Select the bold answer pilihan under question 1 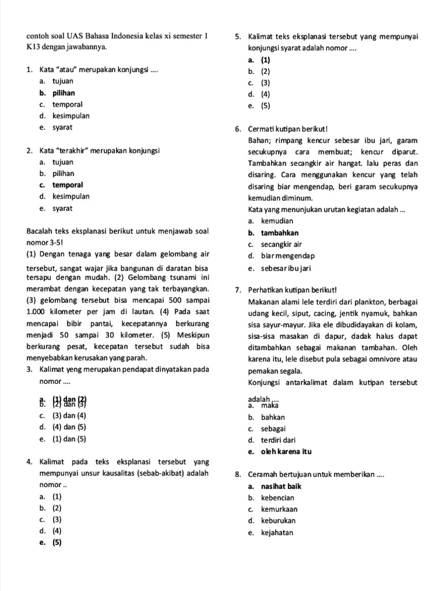pos(63,93)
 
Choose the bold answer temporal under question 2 pos(67,185)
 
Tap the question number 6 pos(238,129)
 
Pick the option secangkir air pos(281,245)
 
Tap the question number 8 pos(238,475)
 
